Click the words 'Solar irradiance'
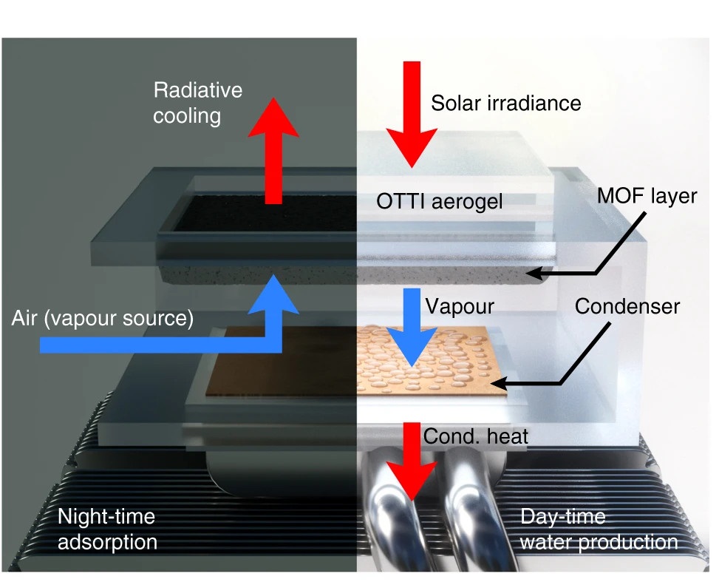click(506, 102)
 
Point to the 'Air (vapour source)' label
click(103, 319)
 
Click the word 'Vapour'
click(460, 305)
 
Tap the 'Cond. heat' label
click(476, 436)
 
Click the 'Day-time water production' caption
click(599, 529)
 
